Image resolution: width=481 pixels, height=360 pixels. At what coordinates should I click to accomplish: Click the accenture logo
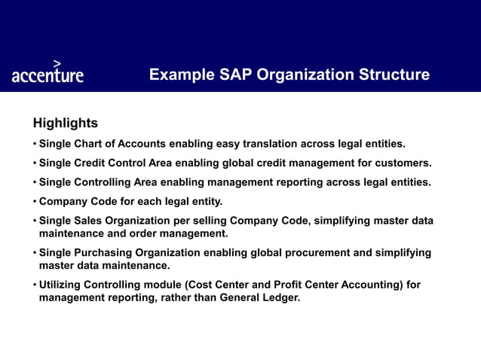pyautogui.click(x=47, y=75)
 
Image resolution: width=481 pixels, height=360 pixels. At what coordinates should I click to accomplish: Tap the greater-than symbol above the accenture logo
pyautogui.click(x=57, y=63)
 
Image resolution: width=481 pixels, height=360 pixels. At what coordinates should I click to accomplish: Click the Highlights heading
pyautogui.click(x=65, y=123)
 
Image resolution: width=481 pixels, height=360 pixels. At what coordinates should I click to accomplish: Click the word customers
pyautogui.click(x=404, y=163)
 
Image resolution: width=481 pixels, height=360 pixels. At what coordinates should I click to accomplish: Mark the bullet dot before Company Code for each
pyautogui.click(x=34, y=202)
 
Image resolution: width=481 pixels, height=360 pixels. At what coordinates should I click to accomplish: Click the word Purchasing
pyautogui.click(x=105, y=253)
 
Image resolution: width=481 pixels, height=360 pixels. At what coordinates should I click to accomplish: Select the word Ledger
pyautogui.click(x=279, y=297)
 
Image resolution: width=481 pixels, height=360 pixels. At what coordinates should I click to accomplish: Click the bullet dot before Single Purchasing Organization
pyautogui.click(x=34, y=253)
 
